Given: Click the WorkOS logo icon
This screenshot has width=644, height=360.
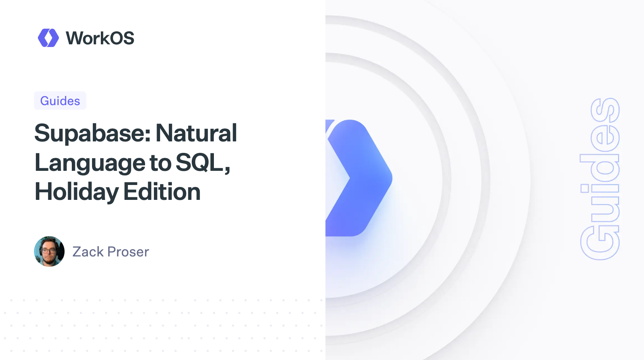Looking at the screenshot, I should pyautogui.click(x=48, y=38).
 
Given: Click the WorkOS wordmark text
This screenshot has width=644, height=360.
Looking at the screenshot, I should pyautogui.click(x=100, y=38).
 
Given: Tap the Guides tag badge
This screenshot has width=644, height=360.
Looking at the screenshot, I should pyautogui.click(x=60, y=101).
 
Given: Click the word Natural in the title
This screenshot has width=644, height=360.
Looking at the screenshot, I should pyautogui.click(x=196, y=133).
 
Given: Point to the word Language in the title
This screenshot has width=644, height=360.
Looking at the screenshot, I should pyautogui.click(x=90, y=163).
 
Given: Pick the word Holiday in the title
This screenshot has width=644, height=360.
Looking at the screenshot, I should pyautogui.click(x=76, y=192).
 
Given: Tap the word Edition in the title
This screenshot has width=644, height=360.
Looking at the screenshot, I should pyautogui.click(x=162, y=192).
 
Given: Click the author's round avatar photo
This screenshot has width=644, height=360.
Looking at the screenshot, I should pyautogui.click(x=49, y=251).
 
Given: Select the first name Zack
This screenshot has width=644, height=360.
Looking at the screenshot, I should pyautogui.click(x=88, y=252).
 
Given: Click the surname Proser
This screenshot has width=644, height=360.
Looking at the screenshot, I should pyautogui.click(x=128, y=252).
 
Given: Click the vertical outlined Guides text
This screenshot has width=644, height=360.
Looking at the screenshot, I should pyautogui.click(x=600, y=179).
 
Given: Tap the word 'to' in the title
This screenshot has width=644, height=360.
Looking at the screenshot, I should pyautogui.click(x=160, y=163).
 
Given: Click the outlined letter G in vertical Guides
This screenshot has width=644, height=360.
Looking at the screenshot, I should pyautogui.click(x=600, y=243).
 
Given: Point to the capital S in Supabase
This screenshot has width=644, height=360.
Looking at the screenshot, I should pyautogui.click(x=42, y=133).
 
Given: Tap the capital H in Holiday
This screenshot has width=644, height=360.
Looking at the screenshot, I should pyautogui.click(x=43, y=192).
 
